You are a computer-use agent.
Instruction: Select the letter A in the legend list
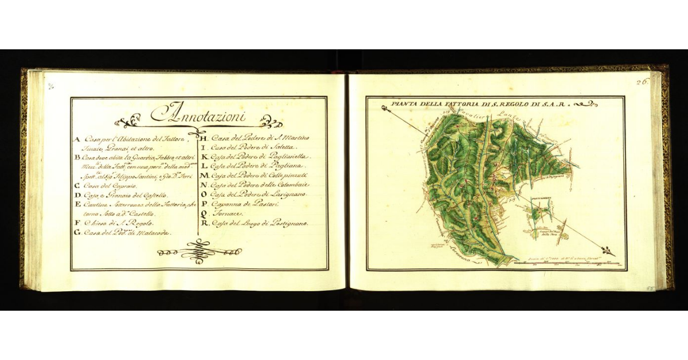[x=76, y=139]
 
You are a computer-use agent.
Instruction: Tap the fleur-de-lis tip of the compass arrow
[x=608, y=250]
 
